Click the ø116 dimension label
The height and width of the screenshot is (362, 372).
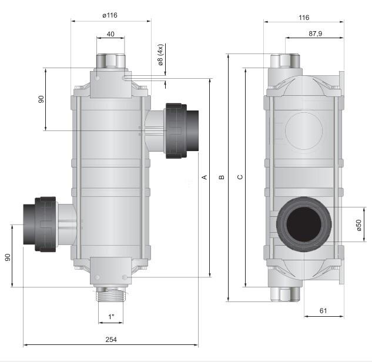(x=110, y=15)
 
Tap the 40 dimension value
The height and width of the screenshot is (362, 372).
(x=110, y=34)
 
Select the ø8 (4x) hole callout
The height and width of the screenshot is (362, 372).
(x=160, y=55)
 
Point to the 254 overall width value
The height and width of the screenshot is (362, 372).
(x=111, y=340)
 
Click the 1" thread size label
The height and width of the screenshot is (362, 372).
(x=111, y=316)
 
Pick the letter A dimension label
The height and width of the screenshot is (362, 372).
(x=205, y=177)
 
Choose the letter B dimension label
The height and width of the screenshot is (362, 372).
(x=222, y=177)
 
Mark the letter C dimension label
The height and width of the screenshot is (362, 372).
(x=240, y=177)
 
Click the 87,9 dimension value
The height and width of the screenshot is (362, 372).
(x=316, y=33)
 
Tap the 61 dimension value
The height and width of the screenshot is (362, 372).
(x=323, y=310)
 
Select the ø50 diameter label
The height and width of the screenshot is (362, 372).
(x=358, y=225)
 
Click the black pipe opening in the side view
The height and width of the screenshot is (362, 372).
(x=304, y=224)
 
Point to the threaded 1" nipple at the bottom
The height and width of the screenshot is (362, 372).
(x=111, y=294)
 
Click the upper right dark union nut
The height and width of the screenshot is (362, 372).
(x=176, y=130)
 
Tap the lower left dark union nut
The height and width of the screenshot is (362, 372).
(x=45, y=224)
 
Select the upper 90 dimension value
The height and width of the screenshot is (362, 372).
(x=41, y=99)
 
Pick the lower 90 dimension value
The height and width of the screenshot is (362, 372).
(x=8, y=257)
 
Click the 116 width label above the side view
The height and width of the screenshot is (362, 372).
(x=304, y=18)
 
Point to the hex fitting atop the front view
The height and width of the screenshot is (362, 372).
(x=110, y=62)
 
